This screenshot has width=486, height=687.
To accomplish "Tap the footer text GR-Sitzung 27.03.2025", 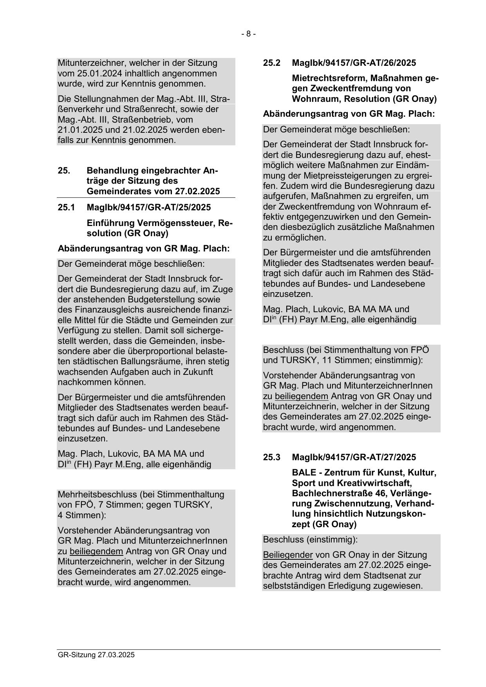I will [96, 655].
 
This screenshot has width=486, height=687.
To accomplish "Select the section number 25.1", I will [66, 207].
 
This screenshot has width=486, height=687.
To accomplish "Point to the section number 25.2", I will [271, 63].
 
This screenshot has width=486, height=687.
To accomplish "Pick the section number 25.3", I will [271, 457].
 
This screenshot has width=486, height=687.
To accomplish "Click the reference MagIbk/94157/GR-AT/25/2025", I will [148, 207].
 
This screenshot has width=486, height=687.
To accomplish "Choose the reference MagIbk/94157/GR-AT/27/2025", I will [354, 457].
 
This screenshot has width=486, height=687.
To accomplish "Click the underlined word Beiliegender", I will [288, 555].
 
